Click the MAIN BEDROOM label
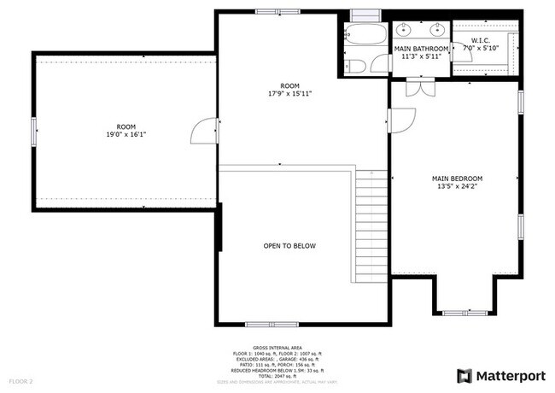click(x=455, y=178)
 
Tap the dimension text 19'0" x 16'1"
click(x=126, y=135)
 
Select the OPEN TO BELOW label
click(x=289, y=246)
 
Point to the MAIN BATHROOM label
click(x=421, y=50)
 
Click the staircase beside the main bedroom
click(x=371, y=226)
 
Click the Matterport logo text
click(x=509, y=375)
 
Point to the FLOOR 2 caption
click(x=21, y=380)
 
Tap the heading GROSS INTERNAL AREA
click(x=277, y=349)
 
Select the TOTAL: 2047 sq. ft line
click(x=277, y=375)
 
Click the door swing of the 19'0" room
click(x=205, y=132)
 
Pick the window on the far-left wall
click(x=33, y=132)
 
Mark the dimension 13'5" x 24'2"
click(x=455, y=186)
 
